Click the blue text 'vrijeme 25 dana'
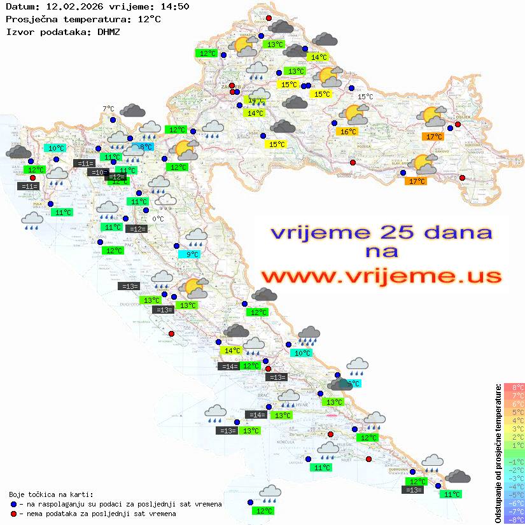tap(381, 232)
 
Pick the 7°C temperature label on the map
tap(108, 109)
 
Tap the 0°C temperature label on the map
tap(158, 219)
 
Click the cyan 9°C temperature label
tap(192, 255)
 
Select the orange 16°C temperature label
tap(348, 132)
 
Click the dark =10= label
tap(97, 172)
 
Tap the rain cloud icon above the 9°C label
tap(197, 238)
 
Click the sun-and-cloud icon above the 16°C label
tap(354, 115)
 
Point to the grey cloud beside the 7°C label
tap(132, 111)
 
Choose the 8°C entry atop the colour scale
tap(514, 387)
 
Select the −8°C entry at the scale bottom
tap(514, 519)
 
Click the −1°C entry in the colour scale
tap(514, 461)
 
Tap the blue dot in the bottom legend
tap(13, 504)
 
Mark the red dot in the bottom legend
tap(13, 513)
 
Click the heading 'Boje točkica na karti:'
tap(51, 494)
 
